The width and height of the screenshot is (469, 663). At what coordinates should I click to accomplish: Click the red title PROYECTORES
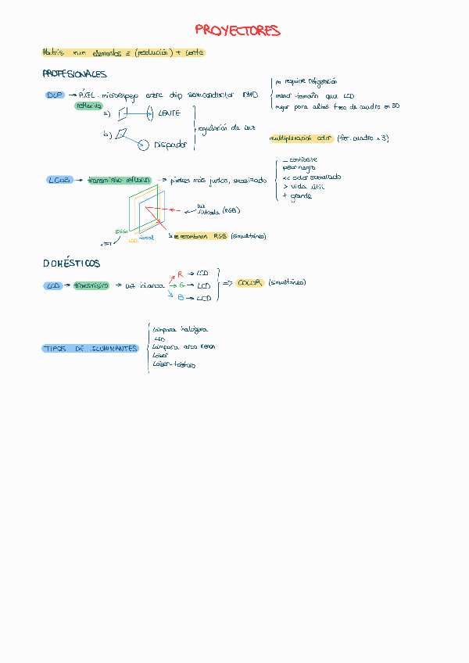click(238, 31)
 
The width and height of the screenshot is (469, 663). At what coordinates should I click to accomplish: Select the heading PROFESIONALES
click(74, 74)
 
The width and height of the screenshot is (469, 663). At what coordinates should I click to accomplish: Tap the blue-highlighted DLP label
click(55, 95)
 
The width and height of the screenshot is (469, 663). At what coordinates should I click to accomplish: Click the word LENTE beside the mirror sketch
click(169, 113)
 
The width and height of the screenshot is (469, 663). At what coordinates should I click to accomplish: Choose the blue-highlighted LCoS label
click(59, 180)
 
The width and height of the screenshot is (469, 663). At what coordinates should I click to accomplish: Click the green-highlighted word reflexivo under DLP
click(88, 106)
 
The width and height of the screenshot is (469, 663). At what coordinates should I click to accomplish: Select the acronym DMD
click(250, 95)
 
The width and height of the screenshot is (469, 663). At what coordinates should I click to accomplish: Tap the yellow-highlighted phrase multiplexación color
click(301, 138)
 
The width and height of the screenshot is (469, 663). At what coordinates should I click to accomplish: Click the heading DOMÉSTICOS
click(71, 263)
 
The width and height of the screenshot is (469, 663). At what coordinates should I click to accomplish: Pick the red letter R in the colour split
click(180, 274)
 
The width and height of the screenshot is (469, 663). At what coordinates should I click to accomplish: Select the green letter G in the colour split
click(181, 286)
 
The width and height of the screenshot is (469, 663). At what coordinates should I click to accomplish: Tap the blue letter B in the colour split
click(181, 298)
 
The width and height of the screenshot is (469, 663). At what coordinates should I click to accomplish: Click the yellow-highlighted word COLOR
click(249, 283)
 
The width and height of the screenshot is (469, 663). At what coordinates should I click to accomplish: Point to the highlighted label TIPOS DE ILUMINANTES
click(91, 349)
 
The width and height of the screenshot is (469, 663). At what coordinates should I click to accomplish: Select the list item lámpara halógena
click(181, 330)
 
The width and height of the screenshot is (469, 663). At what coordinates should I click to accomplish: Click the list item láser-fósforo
click(174, 364)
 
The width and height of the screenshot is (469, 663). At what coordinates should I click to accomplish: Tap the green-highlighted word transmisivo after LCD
click(91, 286)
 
